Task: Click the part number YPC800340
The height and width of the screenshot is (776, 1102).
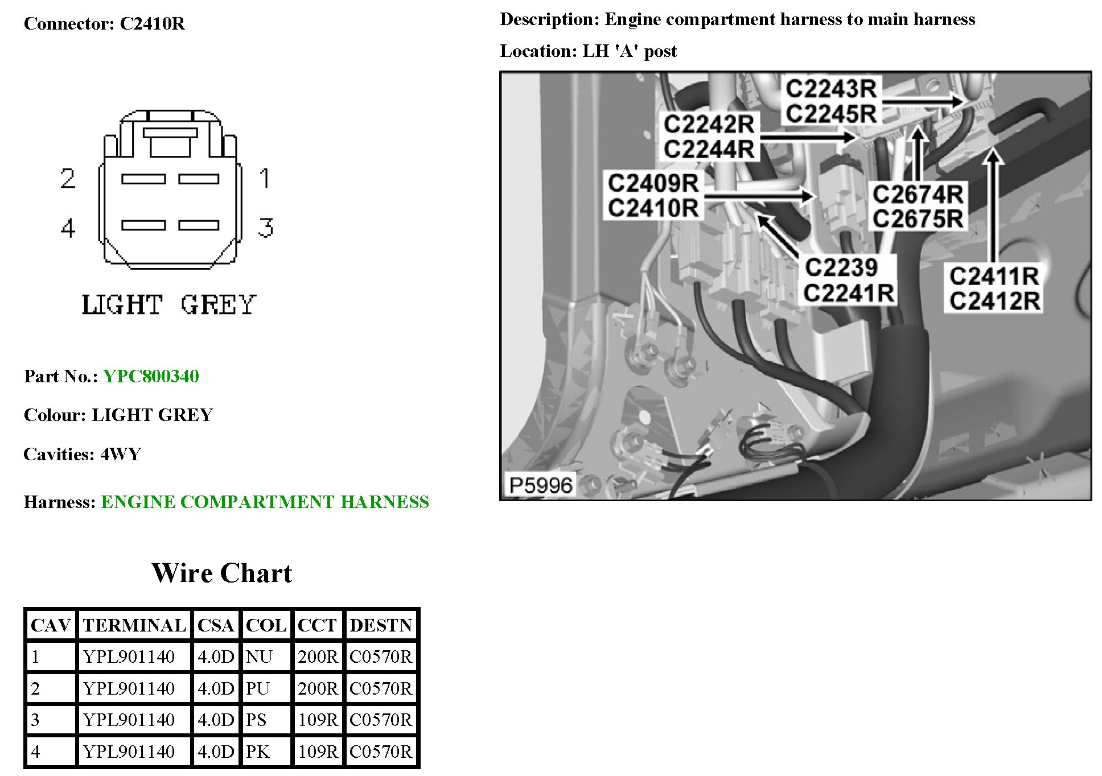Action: pyautogui.click(x=151, y=376)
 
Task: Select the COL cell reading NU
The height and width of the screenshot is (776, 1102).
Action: pyautogui.click(x=259, y=657)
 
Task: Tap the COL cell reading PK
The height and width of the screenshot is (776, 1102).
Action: pyautogui.click(x=257, y=751)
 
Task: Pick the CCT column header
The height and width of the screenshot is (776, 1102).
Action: pyautogui.click(x=317, y=625)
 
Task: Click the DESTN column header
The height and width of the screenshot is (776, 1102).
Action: pyautogui.click(x=380, y=625)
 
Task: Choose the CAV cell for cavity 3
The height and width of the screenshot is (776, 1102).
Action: pyautogui.click(x=35, y=720)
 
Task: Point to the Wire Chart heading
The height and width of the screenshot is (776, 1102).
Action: pyautogui.click(x=221, y=573)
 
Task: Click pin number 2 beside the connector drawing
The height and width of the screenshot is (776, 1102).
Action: pyautogui.click(x=68, y=179)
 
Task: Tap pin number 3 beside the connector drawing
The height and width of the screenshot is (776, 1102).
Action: pyautogui.click(x=265, y=228)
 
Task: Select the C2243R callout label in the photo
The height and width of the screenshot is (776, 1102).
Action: pyautogui.click(x=831, y=89)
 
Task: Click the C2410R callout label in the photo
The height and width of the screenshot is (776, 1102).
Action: pyautogui.click(x=653, y=208)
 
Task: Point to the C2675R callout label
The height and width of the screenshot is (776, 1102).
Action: pyautogui.click(x=918, y=218)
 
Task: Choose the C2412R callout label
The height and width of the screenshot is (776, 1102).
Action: pyautogui.click(x=994, y=301)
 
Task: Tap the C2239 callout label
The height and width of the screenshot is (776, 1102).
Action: pyautogui.click(x=841, y=267)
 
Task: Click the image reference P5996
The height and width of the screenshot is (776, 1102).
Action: pyautogui.click(x=540, y=485)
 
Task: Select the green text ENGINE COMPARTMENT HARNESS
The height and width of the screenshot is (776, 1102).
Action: pyautogui.click(x=265, y=502)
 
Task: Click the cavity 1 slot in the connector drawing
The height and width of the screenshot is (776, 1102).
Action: pyautogui.click(x=199, y=179)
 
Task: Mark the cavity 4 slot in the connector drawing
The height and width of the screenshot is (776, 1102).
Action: pyautogui.click(x=143, y=225)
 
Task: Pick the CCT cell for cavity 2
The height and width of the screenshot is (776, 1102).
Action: pyautogui.click(x=317, y=688)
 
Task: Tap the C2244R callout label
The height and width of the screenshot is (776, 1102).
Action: pyautogui.click(x=709, y=150)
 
